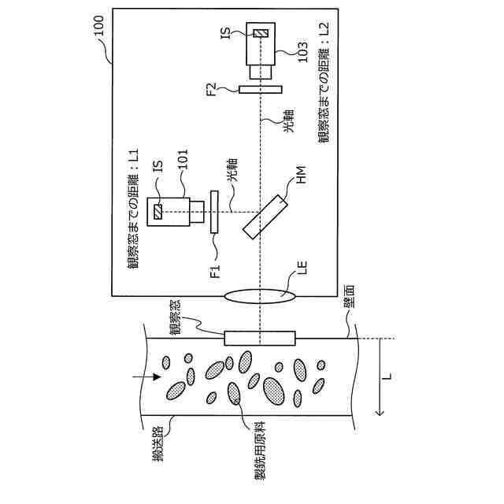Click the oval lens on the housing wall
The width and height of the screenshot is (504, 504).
click(x=261, y=295)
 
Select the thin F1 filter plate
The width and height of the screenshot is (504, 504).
click(x=213, y=212)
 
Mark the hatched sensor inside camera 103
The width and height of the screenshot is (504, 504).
click(x=260, y=32)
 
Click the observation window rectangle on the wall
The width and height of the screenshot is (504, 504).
click(x=260, y=338)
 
